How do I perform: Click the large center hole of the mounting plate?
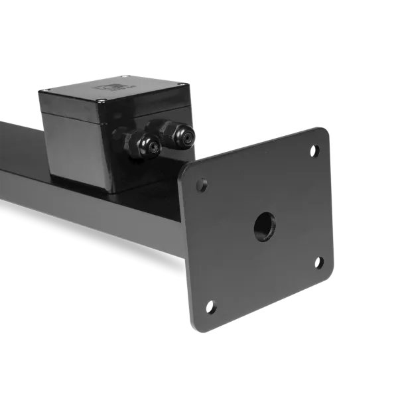(x=264, y=227)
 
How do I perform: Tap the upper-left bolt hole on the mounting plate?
(x=202, y=184)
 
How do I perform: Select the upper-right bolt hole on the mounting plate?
(x=315, y=151)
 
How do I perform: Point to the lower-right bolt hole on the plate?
(x=319, y=262)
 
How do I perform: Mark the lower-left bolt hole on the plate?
(x=212, y=306)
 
